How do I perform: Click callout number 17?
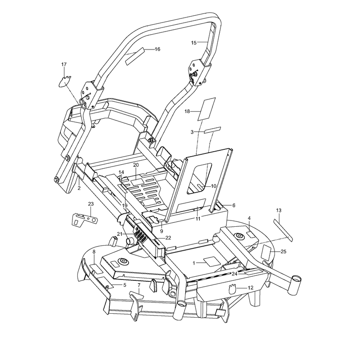click(64, 64)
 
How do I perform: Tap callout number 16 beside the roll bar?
click(157, 49)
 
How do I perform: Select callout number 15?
click(194, 43)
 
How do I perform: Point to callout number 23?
click(91, 204)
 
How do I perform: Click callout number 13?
click(279, 210)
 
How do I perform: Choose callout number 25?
click(283, 252)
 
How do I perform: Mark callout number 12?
click(251, 288)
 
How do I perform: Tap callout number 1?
click(194, 263)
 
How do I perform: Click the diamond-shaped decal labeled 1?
click(210, 261)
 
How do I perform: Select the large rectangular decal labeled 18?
click(207, 109)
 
